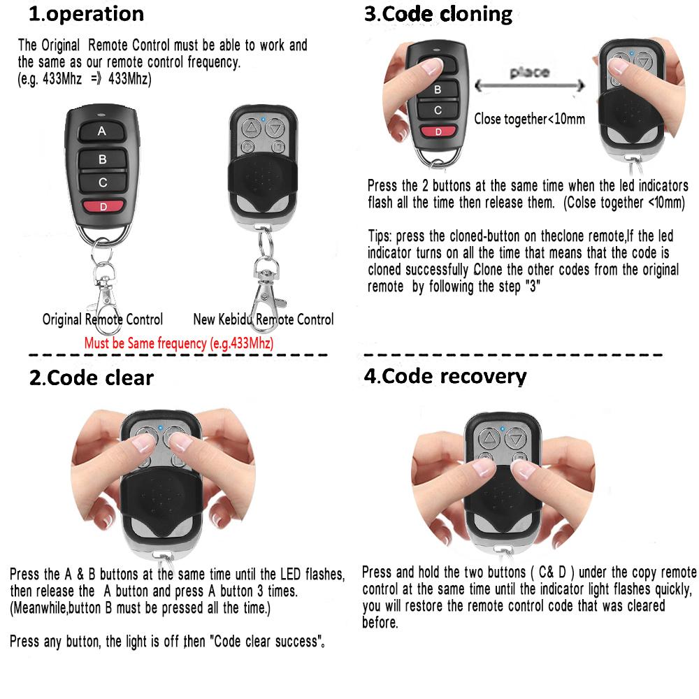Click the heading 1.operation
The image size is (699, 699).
(x=86, y=14)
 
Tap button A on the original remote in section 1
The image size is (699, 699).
(x=102, y=131)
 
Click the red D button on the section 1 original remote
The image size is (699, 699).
(x=103, y=206)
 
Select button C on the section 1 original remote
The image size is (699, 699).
(x=103, y=182)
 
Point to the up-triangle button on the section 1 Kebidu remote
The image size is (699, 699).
(x=250, y=128)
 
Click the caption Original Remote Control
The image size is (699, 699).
(x=103, y=319)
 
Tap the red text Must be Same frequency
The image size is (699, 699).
(x=178, y=343)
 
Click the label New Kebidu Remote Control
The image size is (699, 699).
(x=263, y=319)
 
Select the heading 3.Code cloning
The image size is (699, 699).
(x=438, y=14)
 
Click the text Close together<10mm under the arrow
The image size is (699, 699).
(x=529, y=119)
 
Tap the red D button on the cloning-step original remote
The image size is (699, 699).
(x=438, y=131)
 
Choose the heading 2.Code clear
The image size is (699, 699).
(x=92, y=378)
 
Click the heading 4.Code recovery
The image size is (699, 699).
(x=445, y=376)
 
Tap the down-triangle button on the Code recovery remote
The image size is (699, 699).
(x=516, y=439)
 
